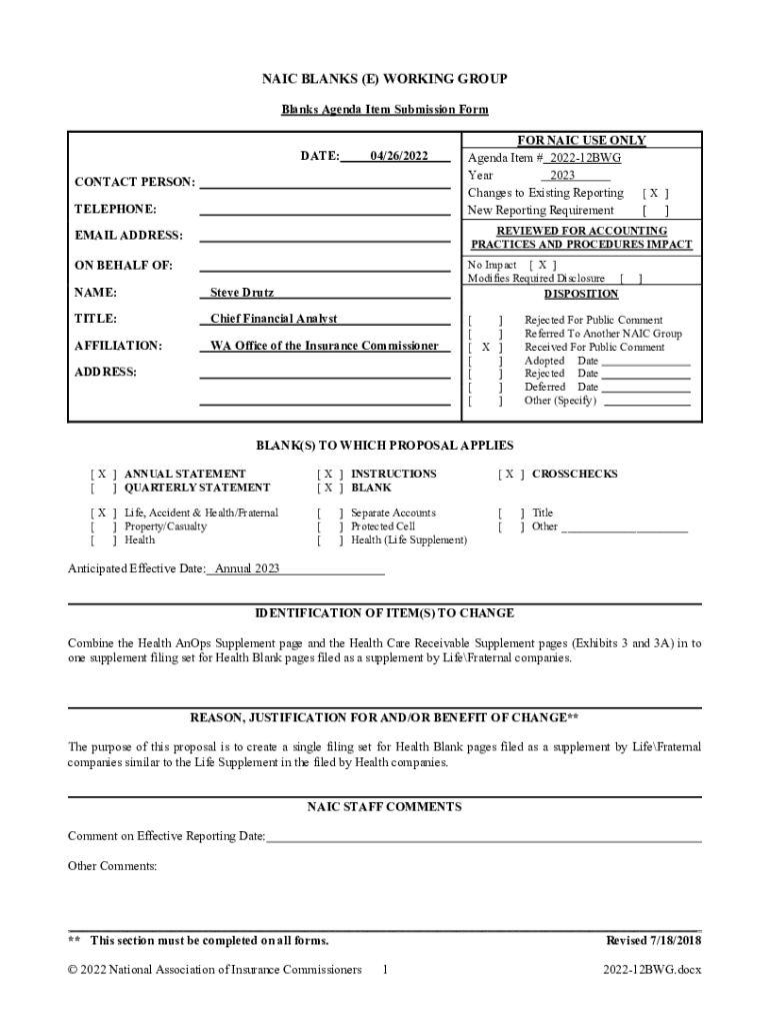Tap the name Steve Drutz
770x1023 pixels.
(241, 293)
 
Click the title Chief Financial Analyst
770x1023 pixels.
(273, 319)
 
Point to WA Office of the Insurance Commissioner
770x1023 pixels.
(323, 346)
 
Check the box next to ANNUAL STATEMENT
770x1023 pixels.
(103, 474)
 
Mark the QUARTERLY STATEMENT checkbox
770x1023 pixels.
(103, 488)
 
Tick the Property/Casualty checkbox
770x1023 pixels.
(103, 526)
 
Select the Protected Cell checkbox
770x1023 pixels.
(330, 526)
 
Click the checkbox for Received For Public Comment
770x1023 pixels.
(486, 348)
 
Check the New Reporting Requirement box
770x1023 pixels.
(655, 211)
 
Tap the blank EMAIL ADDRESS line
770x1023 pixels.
(324, 238)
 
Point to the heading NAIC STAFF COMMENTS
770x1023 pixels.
(384, 806)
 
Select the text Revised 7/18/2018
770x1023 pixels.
(654, 940)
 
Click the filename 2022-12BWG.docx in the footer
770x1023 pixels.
(652, 970)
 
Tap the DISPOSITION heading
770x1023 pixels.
(581, 294)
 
